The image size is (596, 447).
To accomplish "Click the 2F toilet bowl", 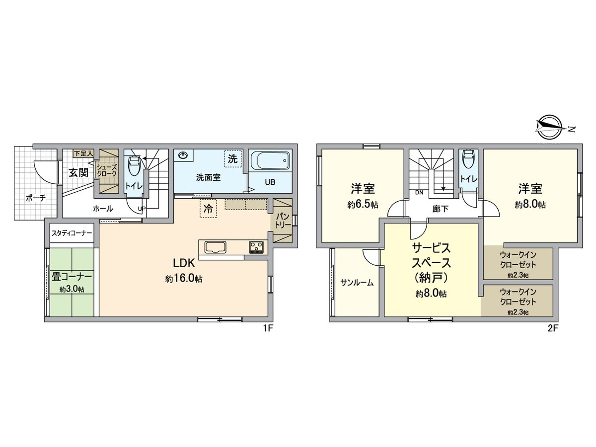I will (x=467, y=160).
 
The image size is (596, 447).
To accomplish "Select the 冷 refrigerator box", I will (x=209, y=210).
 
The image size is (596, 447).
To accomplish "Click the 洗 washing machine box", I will (x=232, y=159).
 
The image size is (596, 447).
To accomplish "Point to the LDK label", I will (x=184, y=263).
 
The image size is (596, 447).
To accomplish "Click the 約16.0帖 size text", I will (x=184, y=279).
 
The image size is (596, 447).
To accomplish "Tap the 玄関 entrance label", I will (x=78, y=173).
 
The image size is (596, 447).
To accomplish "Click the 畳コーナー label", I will (x=72, y=277).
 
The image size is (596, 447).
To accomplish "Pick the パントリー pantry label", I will (x=283, y=220).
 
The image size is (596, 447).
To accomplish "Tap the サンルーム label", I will (x=357, y=282).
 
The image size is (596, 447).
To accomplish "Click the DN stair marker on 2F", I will (x=419, y=192).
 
